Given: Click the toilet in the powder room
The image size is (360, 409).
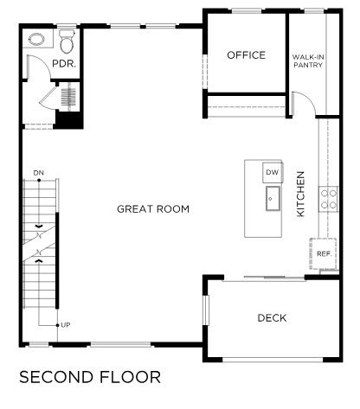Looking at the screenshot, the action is (67, 41).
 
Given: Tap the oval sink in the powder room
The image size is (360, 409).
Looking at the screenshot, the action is (36, 39).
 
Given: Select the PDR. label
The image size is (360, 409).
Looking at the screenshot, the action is (64, 64).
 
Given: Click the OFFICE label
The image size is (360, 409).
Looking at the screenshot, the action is (246, 55).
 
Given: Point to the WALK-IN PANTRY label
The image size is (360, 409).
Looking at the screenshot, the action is (308, 61).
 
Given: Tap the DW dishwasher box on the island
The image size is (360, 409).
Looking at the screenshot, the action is (273, 172).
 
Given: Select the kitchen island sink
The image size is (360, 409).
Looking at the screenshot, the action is (273, 198).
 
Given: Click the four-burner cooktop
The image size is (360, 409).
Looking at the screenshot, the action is (329, 199).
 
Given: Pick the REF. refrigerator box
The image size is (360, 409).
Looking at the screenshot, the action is (324, 253).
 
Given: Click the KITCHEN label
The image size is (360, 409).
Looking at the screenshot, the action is (300, 194).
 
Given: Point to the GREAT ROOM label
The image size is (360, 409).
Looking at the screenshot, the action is (153, 209).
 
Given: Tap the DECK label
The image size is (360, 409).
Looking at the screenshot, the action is (272, 318).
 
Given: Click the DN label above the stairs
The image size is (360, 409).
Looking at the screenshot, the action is (39, 173).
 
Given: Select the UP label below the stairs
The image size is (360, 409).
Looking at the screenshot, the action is (66, 325).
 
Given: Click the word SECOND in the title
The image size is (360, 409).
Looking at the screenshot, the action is (56, 377).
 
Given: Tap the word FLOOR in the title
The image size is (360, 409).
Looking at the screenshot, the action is (131, 377).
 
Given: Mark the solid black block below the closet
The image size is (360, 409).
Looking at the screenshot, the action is (69, 119).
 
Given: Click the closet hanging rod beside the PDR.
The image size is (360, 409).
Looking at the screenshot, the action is (69, 97).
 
